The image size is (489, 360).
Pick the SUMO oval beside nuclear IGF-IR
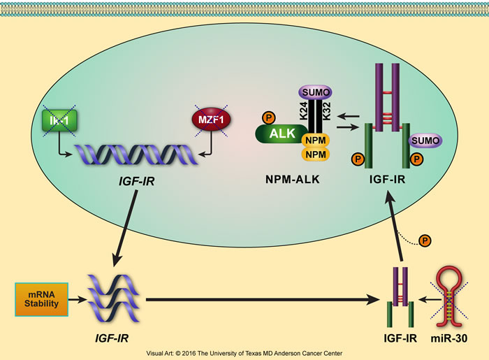(x=426, y=141)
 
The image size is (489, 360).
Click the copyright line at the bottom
(x=245, y=354)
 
